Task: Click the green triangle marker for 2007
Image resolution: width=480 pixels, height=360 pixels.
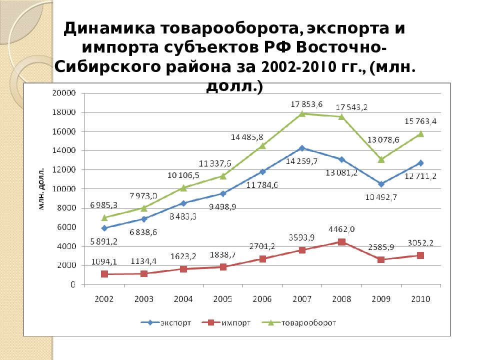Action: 302,113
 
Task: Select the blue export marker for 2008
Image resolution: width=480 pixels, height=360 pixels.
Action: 341,159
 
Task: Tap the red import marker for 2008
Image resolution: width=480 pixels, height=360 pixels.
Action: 341,242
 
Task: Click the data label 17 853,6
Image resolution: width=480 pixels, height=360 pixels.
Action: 306,104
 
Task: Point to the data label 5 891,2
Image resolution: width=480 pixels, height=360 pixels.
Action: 104,240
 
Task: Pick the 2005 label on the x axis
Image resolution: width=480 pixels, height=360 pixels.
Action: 223,299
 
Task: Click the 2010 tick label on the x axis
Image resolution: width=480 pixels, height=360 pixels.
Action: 420,299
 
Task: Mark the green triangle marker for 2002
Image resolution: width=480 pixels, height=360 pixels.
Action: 104,217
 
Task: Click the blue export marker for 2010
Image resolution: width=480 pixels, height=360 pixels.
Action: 420,163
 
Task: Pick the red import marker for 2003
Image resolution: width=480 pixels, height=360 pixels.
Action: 144,273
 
